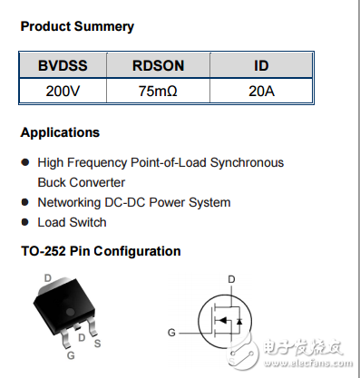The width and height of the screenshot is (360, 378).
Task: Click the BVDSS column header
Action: [62, 66]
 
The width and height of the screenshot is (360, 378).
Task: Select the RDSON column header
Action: [157, 66]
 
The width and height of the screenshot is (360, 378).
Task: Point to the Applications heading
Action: [60, 132]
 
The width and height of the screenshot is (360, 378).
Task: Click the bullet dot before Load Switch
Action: [25, 223]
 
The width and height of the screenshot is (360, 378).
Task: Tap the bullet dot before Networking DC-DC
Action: [25, 203]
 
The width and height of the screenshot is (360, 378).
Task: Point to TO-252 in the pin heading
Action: [42, 251]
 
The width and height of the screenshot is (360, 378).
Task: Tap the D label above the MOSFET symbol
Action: [231, 278]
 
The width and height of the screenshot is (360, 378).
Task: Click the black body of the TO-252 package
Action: [59, 304]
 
